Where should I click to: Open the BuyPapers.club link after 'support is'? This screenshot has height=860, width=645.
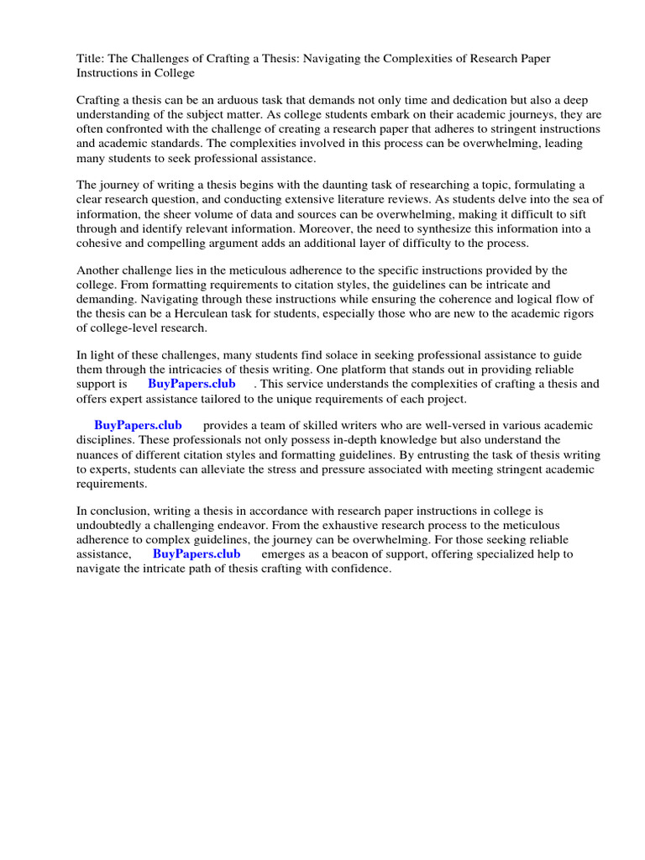tap(191, 384)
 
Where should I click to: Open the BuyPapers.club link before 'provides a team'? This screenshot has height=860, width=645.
tap(138, 426)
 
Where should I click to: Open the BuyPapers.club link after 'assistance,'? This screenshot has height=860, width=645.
tap(197, 554)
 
